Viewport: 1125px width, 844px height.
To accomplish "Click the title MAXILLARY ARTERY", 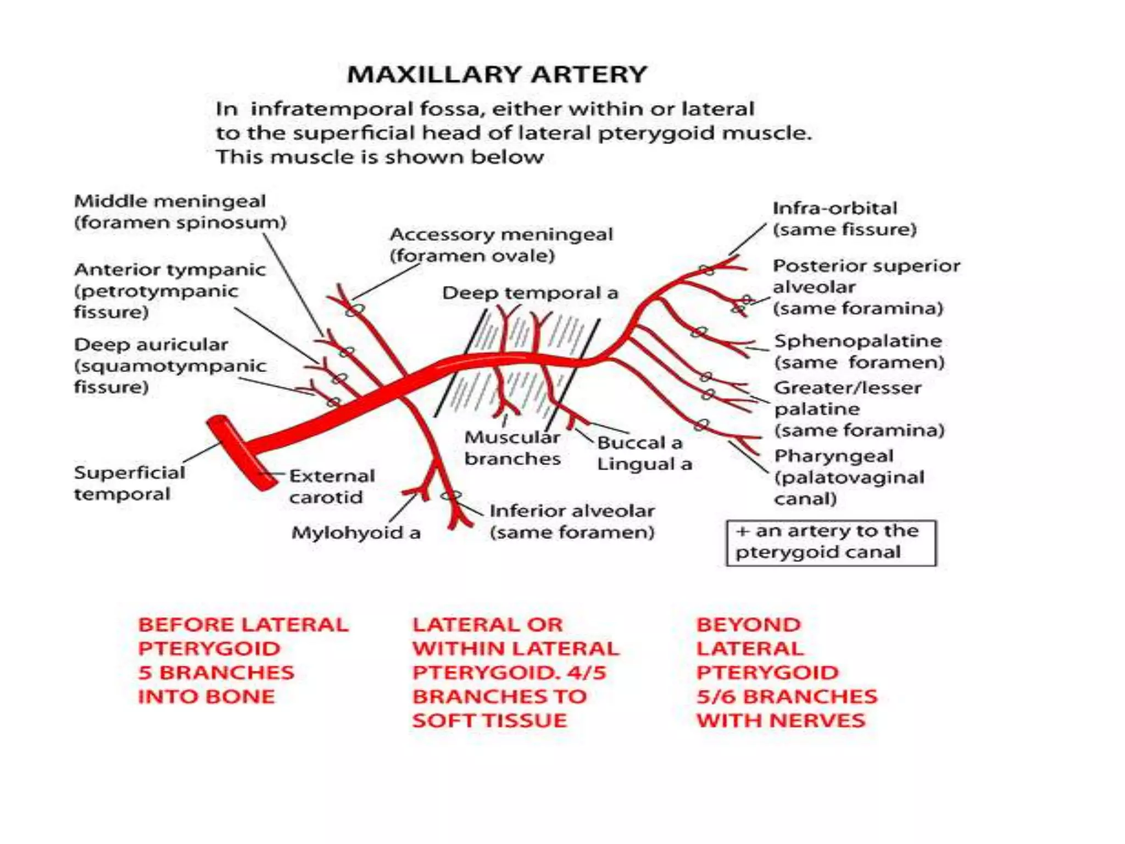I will tap(497, 75).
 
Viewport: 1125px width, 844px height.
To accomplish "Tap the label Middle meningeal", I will tap(170, 201).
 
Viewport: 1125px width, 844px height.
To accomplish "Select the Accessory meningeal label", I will tap(501, 235).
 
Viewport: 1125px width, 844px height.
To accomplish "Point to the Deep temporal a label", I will tap(530, 293).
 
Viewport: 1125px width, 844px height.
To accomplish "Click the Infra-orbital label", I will tap(834, 208).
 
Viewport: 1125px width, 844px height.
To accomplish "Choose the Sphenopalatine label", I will tap(857, 341).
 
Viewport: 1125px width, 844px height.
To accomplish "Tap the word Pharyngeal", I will tap(833, 456).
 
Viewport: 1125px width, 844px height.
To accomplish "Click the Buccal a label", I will tap(639, 442).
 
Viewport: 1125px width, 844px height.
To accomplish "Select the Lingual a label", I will tap(644, 464).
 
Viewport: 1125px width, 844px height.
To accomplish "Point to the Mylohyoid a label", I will tap(355, 532).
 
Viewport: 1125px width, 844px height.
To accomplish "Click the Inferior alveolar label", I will tap(572, 511).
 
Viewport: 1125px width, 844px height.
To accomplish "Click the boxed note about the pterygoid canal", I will tap(831, 542).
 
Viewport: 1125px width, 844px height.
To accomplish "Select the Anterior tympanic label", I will tap(170, 270).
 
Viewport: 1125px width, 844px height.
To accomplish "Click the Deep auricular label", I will tap(151, 345).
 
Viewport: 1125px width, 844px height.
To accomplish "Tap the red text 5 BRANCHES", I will tap(216, 673).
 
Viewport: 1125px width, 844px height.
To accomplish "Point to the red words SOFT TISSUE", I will tap(489, 720).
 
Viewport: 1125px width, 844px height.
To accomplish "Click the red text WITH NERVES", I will tap(781, 720).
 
